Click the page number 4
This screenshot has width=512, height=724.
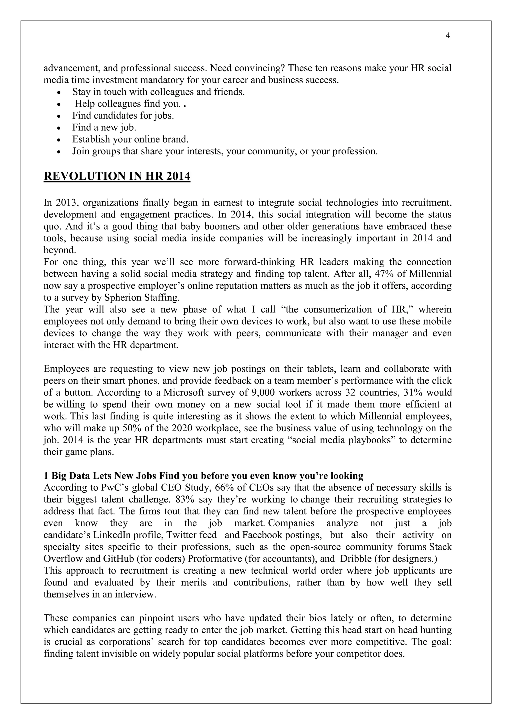[x=448, y=36]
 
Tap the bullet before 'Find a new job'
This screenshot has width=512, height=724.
[x=59, y=128]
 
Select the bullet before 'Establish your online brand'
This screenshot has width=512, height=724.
[x=59, y=140]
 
